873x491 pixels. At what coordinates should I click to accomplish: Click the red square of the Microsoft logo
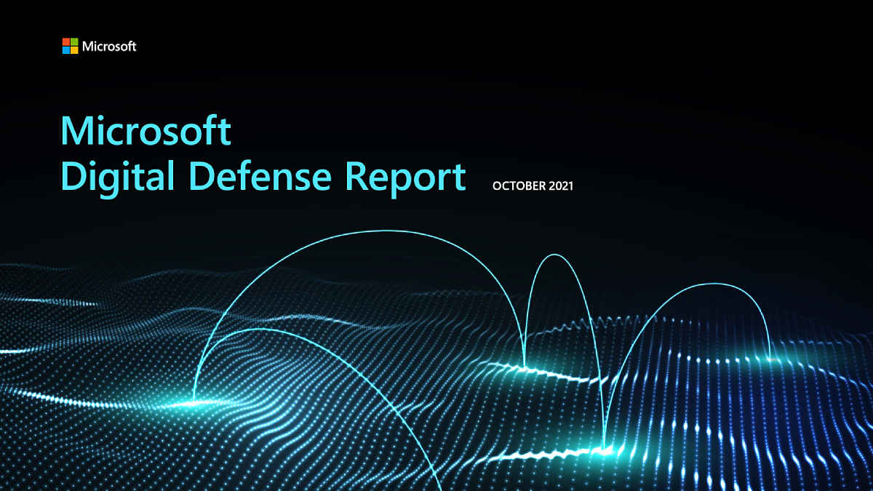click(66, 41)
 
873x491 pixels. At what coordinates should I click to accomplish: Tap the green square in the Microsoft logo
click(74, 41)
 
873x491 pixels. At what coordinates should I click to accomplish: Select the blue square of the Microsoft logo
click(66, 50)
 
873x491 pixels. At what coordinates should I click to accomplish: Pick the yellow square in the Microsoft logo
click(74, 50)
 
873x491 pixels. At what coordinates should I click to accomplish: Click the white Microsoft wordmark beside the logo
click(109, 47)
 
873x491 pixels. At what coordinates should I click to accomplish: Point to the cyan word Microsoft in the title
click(145, 130)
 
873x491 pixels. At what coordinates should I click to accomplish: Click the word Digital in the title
click(117, 177)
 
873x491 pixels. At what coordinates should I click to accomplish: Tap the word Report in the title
click(405, 178)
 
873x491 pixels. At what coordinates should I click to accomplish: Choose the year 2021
click(561, 186)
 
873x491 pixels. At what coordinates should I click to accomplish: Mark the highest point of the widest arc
click(384, 231)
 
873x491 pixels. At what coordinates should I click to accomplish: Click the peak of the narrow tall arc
click(554, 255)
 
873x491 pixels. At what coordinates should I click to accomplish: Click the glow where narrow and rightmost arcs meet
click(605, 450)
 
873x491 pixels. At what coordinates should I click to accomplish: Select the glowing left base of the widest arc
click(194, 402)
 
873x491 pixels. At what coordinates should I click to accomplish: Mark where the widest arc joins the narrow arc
click(525, 367)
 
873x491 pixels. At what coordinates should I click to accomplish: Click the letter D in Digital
click(74, 176)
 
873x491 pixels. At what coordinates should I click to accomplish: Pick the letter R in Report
click(356, 176)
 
